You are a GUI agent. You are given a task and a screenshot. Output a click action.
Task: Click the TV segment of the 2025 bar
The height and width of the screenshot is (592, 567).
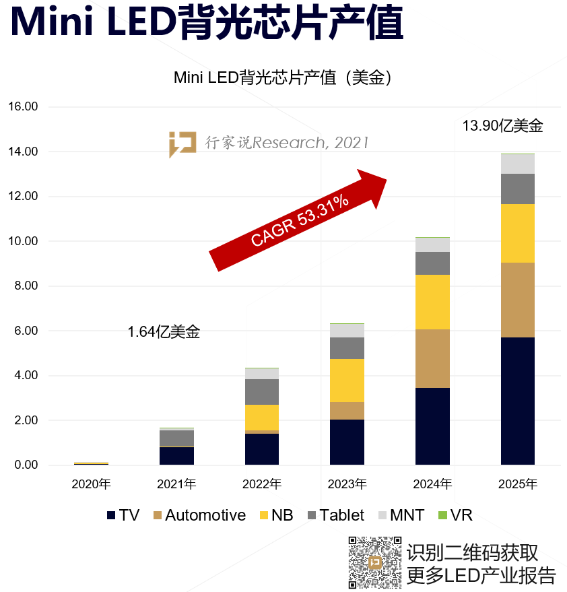(518, 401)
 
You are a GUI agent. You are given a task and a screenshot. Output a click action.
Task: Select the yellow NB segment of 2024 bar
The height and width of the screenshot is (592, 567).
(432, 302)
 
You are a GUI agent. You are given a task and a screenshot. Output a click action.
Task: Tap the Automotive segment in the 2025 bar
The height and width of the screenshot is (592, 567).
(518, 300)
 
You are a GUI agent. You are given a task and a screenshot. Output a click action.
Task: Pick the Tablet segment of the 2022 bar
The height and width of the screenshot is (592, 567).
(262, 391)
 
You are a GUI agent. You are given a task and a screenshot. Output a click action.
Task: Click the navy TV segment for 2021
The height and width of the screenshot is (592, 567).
(177, 455)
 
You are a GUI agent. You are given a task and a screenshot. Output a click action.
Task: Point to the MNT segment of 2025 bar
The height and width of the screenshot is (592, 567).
(518, 164)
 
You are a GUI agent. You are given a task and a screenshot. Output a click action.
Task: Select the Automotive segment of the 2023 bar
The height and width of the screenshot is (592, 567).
(347, 411)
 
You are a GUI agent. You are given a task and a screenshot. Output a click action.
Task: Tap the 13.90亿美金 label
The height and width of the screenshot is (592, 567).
(502, 126)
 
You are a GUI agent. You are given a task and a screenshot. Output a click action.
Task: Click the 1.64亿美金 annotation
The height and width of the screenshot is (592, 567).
(164, 332)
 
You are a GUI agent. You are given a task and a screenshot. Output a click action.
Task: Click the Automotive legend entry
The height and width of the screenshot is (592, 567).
(199, 515)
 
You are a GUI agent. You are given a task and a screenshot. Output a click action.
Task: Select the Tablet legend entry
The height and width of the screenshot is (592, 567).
(335, 515)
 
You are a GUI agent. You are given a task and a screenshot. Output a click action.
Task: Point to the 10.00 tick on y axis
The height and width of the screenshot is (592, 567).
(23, 241)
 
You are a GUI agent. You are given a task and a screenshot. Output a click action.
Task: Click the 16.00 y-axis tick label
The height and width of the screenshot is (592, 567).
(23, 106)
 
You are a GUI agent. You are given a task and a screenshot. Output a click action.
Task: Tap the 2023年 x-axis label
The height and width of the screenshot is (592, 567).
(347, 484)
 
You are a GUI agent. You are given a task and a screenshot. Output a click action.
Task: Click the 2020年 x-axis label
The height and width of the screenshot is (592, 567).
(92, 484)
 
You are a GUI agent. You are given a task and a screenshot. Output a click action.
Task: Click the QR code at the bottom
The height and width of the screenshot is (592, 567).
(374, 562)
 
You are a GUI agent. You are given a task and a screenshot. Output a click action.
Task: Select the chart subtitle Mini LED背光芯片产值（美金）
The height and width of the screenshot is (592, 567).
(283, 77)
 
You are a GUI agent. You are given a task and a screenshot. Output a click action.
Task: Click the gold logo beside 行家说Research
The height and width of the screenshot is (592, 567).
(182, 143)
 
